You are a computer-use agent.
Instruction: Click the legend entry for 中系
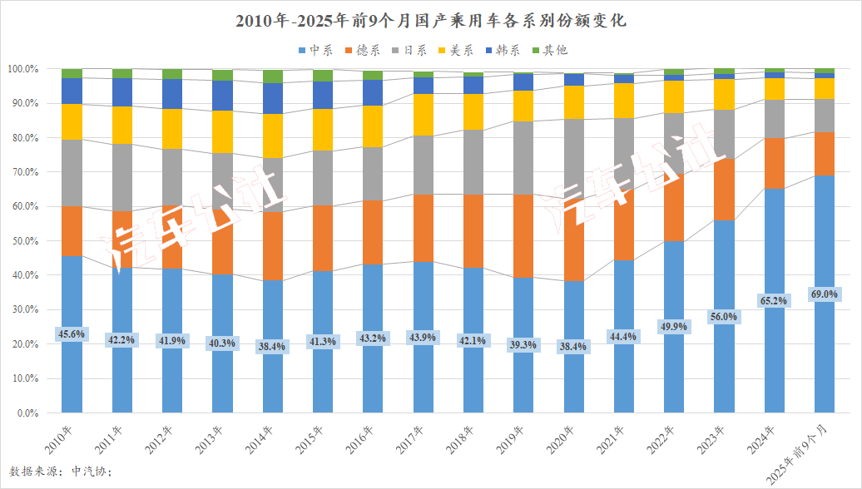[x=315, y=51]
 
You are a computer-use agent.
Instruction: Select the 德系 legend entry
[x=361, y=51]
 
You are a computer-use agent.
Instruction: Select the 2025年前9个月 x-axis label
[x=799, y=453]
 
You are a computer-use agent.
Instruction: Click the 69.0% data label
[x=824, y=294]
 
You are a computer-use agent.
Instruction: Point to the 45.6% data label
[x=72, y=333]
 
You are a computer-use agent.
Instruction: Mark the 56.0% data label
[x=723, y=317]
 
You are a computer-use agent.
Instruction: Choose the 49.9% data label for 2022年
[x=673, y=327]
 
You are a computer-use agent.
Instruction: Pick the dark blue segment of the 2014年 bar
[x=272, y=98]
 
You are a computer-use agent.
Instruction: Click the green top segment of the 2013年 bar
[x=222, y=75]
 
